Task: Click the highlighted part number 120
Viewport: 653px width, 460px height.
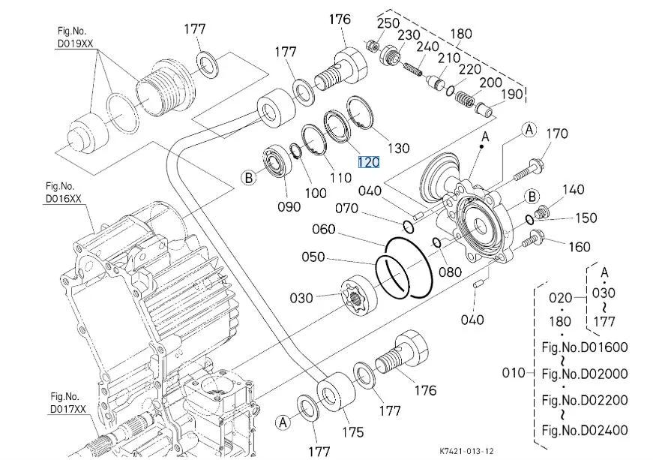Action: point(368,162)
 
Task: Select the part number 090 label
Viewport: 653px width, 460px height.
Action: point(288,206)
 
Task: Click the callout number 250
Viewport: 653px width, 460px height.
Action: point(388,23)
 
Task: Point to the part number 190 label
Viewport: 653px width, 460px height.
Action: point(511,95)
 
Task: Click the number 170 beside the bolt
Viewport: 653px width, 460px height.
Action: point(556,134)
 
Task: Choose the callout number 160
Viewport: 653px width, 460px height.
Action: point(579,246)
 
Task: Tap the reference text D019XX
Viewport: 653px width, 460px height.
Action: point(76,45)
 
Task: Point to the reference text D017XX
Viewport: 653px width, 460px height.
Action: point(69,409)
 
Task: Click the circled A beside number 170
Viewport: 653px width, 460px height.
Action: point(529,130)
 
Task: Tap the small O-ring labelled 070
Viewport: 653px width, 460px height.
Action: point(407,227)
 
